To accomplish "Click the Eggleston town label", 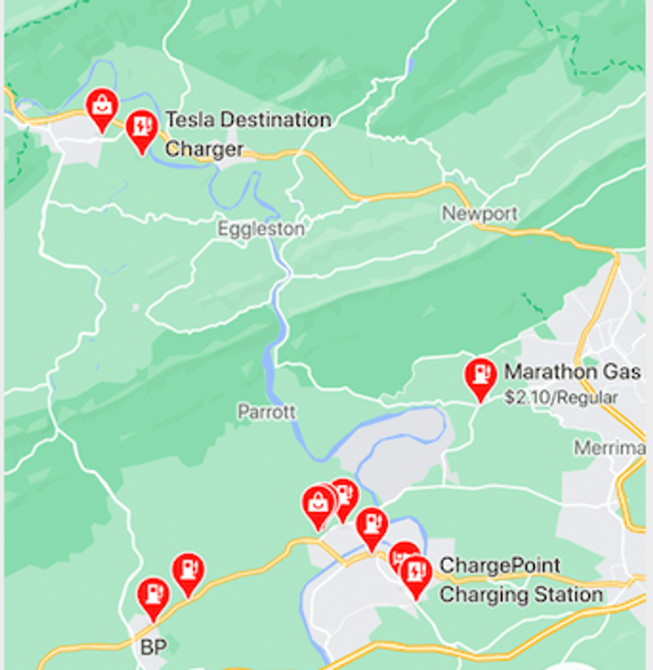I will pos(261,229).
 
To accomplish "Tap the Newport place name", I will pos(480,214).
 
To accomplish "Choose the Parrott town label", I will pos(267,412).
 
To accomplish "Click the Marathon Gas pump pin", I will pos(480,376).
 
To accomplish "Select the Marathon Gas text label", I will pos(572,372).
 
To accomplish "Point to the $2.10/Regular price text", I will pos(561,398).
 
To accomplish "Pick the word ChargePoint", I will pos(500,565).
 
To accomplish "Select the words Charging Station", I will pos(520,594).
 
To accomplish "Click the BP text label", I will pos(153,647).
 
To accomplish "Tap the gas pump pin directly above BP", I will pos(153,595).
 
